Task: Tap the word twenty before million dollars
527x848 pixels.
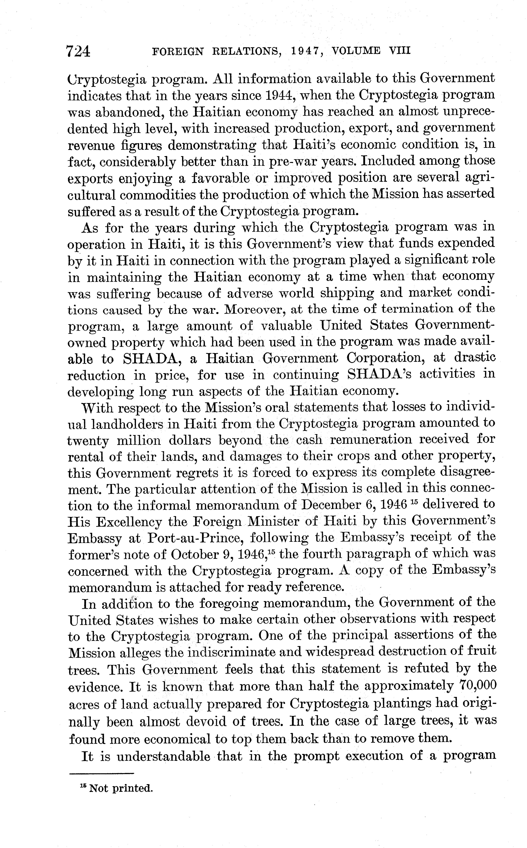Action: (x=87, y=440)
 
